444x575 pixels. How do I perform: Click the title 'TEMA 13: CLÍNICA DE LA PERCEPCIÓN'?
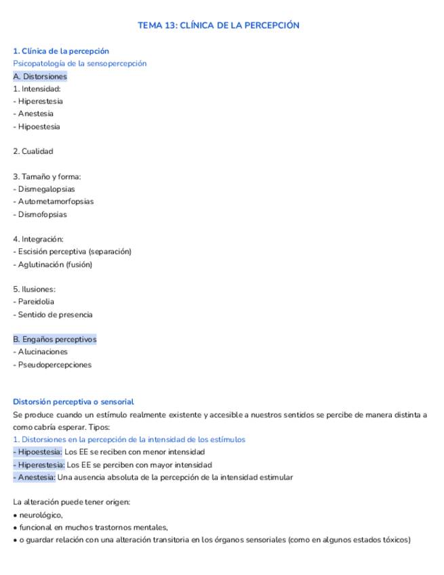218,25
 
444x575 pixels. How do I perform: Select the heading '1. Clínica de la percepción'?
61,51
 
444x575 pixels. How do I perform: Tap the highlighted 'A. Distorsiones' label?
40,76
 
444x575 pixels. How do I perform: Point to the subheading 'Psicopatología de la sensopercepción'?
79,64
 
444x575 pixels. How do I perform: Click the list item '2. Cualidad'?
33,151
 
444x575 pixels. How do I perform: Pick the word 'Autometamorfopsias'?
56,201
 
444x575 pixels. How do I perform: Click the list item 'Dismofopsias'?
42,214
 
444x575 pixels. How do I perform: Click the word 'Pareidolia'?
36,302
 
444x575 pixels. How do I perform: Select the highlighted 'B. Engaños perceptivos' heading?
55,339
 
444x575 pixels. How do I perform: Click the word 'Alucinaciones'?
43,352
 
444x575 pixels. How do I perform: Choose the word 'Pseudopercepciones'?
54,365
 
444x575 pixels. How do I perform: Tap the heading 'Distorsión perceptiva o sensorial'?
73,402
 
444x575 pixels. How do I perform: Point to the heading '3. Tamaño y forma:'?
47,176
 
